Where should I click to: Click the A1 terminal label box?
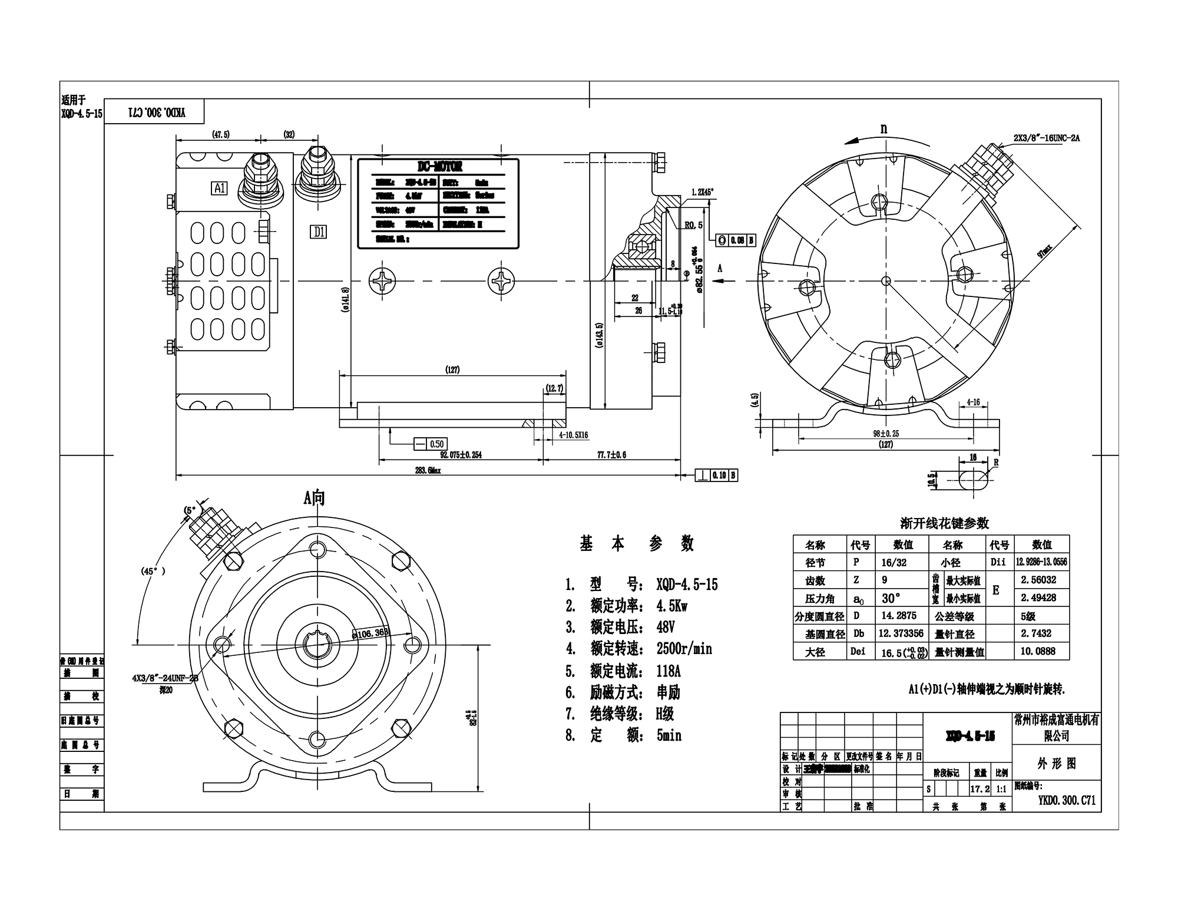[x=220, y=189]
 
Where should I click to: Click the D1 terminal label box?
[x=319, y=232]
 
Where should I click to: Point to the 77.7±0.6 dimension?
[x=612, y=455]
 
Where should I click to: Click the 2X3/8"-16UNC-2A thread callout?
[x=1047, y=138]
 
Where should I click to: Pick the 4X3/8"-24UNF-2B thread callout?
[x=165, y=678]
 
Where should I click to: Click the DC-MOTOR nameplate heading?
[x=439, y=167]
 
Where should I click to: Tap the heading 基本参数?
[x=637, y=544]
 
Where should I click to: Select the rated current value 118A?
[x=669, y=671]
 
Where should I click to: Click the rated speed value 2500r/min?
[x=684, y=649]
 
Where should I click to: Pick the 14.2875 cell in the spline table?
[x=898, y=616]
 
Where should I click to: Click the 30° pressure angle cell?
[x=891, y=598]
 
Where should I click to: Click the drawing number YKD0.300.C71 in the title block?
[x=1067, y=800]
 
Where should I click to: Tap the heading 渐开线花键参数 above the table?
[x=945, y=523]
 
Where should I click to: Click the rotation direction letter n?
[x=883, y=129]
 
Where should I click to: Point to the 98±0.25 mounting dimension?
[x=886, y=434]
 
